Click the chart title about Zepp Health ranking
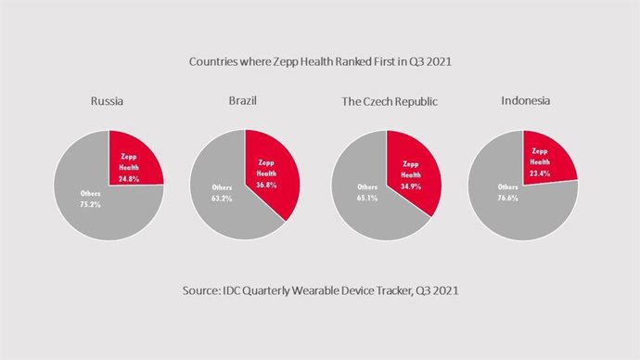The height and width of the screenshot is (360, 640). click(319, 61)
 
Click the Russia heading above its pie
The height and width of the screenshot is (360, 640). click(108, 101)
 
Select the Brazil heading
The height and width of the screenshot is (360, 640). click(244, 101)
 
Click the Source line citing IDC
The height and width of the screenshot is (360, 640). click(319, 291)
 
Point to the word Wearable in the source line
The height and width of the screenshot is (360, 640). click(326, 291)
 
